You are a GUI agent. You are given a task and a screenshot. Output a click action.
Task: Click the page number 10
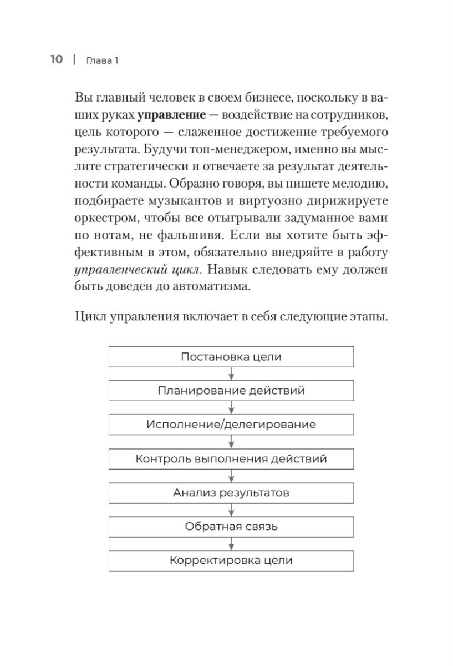(x=57, y=59)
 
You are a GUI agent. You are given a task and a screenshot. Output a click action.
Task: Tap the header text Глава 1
(x=103, y=60)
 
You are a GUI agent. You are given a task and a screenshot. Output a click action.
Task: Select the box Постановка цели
(x=231, y=357)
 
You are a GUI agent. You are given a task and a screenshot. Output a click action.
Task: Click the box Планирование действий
(x=231, y=391)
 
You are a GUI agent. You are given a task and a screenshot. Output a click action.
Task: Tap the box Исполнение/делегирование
(x=231, y=425)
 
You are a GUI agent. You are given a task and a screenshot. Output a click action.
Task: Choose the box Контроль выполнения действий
(x=231, y=459)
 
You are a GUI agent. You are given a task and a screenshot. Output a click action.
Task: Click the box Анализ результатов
(x=231, y=493)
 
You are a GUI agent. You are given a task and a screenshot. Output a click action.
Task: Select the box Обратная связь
(x=231, y=527)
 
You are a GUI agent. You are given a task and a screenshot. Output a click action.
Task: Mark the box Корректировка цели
(x=231, y=561)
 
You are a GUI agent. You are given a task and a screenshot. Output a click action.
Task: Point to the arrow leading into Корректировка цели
(x=231, y=544)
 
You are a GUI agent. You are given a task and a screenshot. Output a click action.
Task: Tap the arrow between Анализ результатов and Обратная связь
(x=231, y=510)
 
